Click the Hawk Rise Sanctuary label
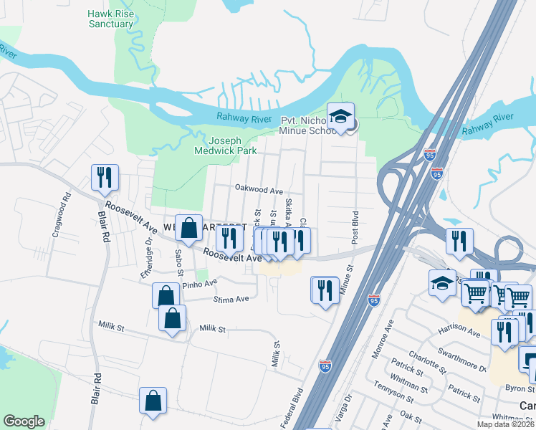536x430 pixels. (x=111, y=19)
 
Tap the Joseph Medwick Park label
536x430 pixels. (x=226, y=146)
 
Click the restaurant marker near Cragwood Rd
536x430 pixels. (x=105, y=178)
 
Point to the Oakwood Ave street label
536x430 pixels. (x=259, y=191)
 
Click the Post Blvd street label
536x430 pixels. (x=355, y=227)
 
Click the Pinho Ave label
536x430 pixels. (x=199, y=285)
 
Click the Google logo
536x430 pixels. (x=24, y=421)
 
